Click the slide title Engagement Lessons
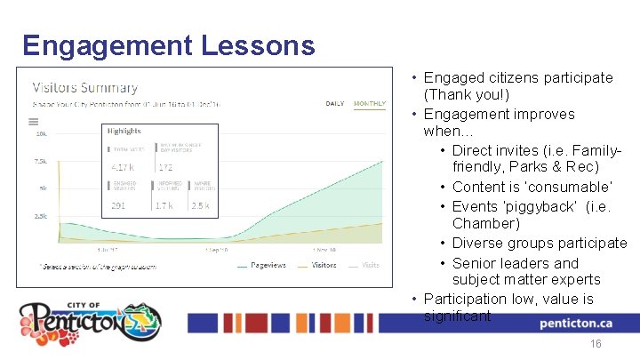point(168,45)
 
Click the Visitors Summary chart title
point(85,88)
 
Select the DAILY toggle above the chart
point(335,103)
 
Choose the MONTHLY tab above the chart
point(370,103)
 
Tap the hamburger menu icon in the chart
point(34,122)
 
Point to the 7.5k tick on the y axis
point(41,162)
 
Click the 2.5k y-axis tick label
point(41,216)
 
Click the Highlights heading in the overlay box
point(124,131)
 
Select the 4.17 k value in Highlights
point(123,167)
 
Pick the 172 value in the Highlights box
point(164,167)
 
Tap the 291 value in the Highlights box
point(117,205)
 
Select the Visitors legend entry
point(322,265)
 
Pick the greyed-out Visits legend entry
point(370,265)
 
